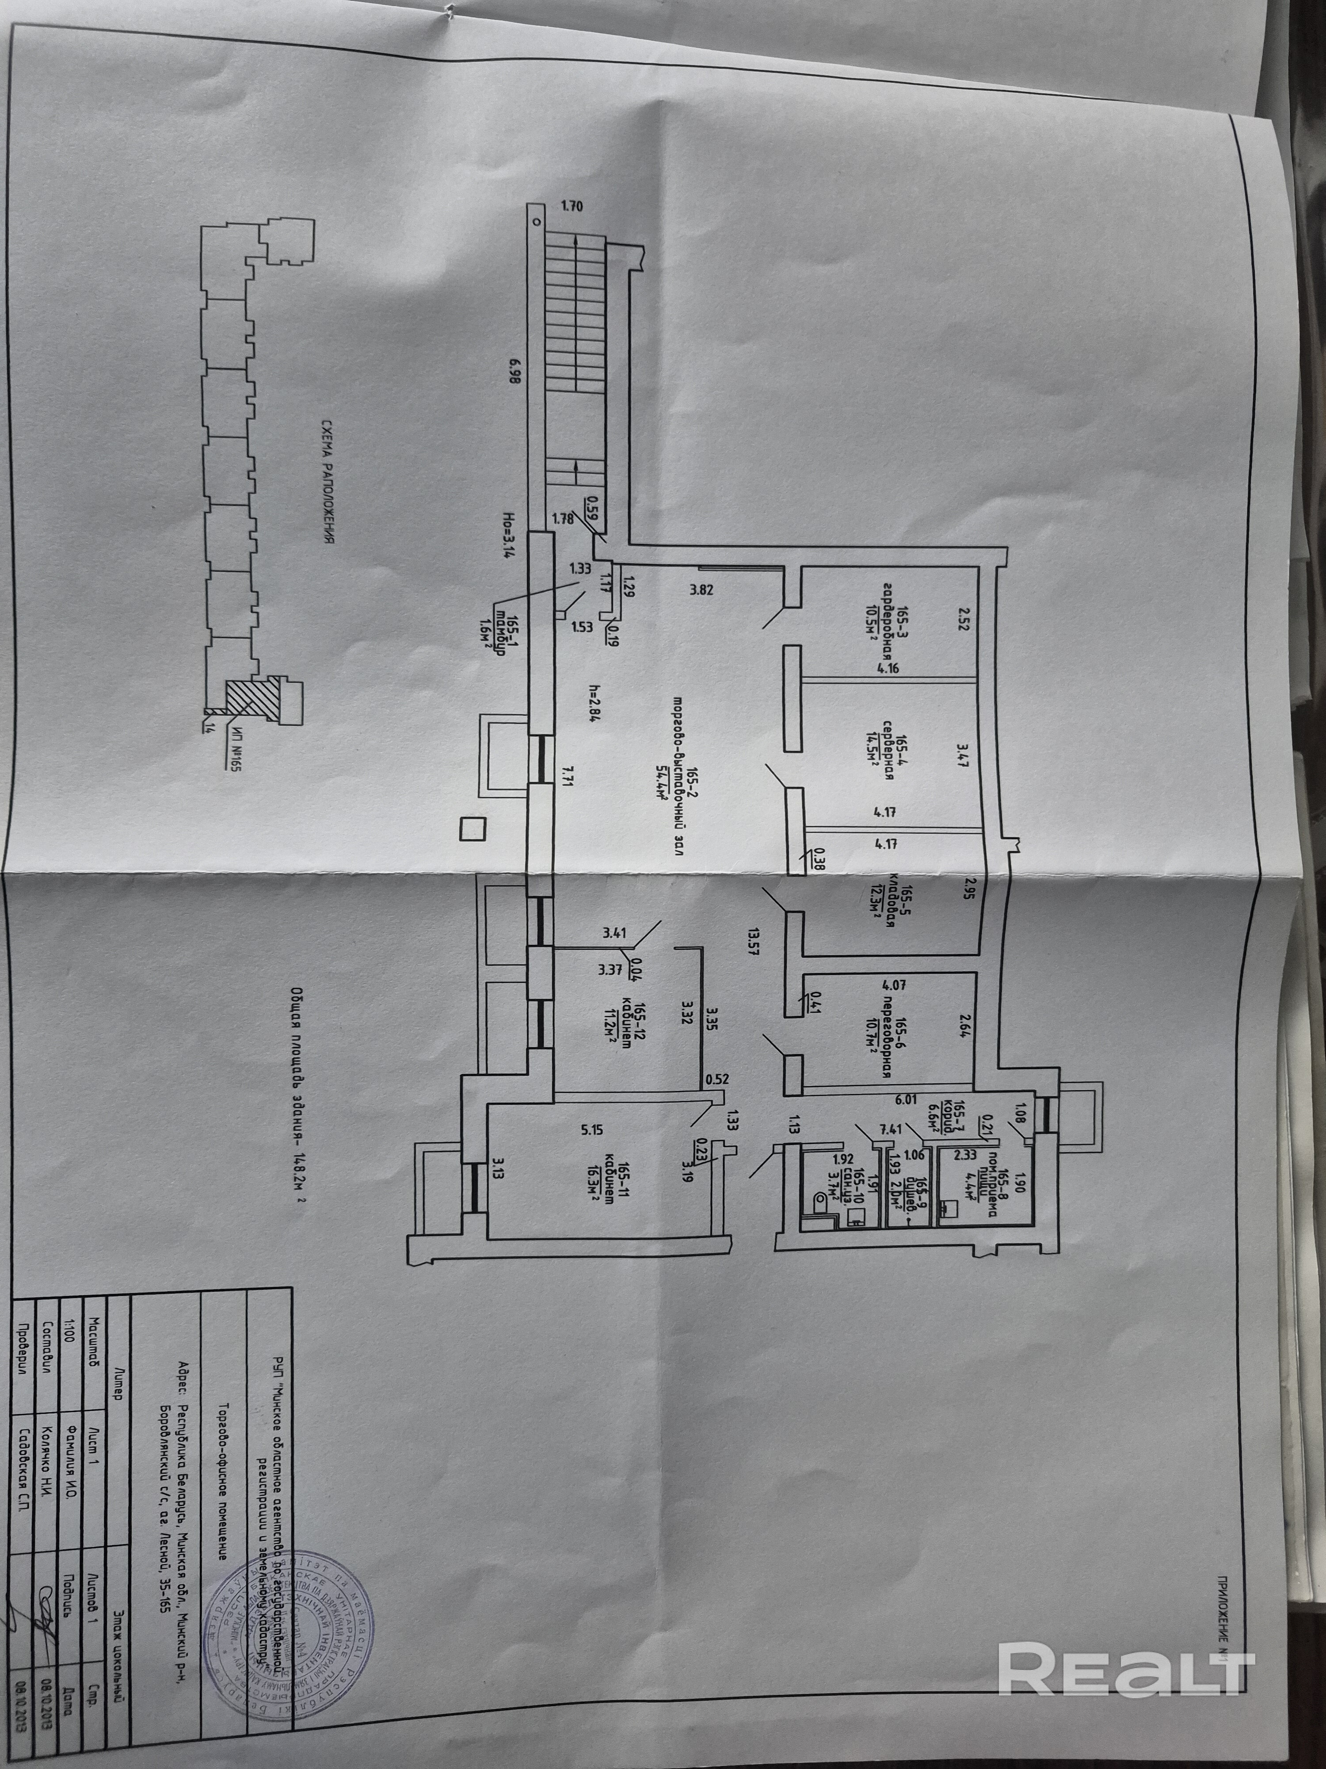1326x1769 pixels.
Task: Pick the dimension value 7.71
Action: pos(568,773)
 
